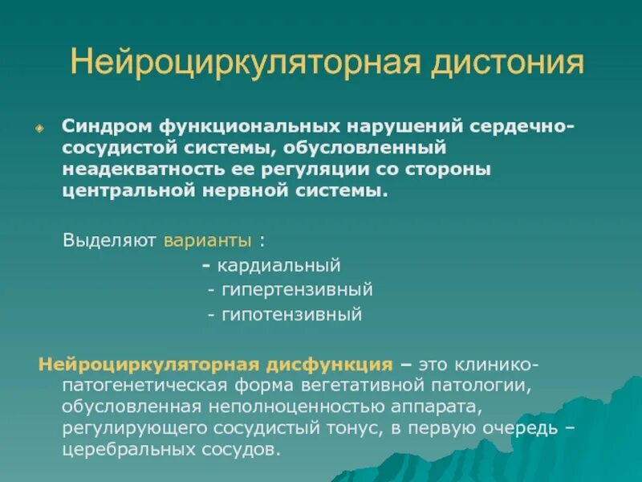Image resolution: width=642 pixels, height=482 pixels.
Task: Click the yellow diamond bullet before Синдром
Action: pyautogui.click(x=39, y=129)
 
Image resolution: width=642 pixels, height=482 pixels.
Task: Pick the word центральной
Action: pyautogui.click(x=122, y=191)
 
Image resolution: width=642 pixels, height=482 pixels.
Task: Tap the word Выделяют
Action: pyautogui.click(x=110, y=240)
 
